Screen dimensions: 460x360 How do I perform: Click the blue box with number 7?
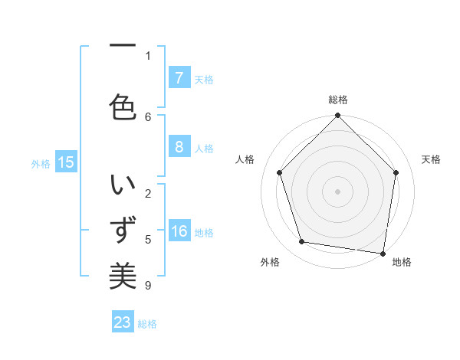(179, 78)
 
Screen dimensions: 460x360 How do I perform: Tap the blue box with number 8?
(179, 147)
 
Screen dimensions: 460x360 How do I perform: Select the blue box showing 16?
(179, 232)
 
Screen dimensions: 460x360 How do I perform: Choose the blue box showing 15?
(66, 162)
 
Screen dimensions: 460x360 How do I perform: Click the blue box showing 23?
(123, 322)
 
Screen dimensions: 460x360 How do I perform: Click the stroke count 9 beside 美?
(147, 286)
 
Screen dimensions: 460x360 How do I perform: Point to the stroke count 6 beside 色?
(147, 116)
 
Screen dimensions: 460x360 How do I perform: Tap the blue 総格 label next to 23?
(147, 324)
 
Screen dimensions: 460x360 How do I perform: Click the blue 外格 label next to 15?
(41, 163)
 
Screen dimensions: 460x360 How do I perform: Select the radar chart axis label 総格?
(337, 100)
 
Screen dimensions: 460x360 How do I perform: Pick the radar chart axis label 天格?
(431, 159)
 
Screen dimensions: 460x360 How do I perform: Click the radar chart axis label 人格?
(245, 159)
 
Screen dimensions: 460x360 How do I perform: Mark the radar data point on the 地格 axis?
(383, 253)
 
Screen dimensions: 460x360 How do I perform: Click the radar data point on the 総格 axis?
(337, 116)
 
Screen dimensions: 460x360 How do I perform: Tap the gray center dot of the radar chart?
(337, 191)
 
